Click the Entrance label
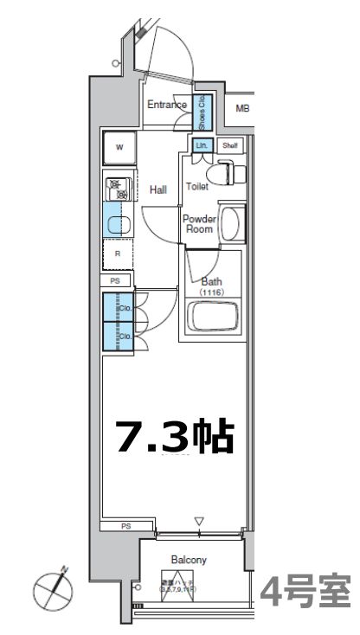click(x=166, y=106)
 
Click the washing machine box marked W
click(x=120, y=148)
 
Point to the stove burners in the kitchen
click(x=116, y=189)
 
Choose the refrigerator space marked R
click(x=118, y=253)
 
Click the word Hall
click(x=158, y=189)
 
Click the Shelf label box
click(x=229, y=146)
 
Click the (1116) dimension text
click(x=211, y=292)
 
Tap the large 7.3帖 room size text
click(x=176, y=437)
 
